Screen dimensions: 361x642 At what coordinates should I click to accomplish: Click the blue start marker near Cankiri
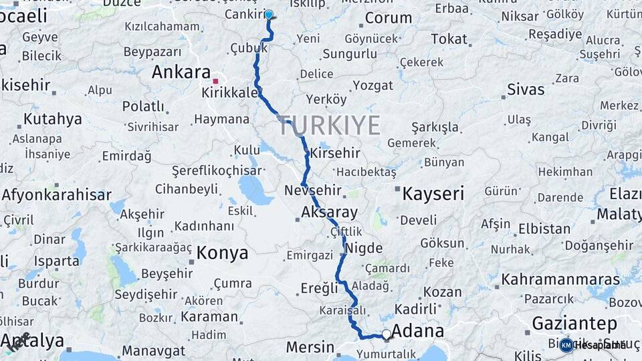[x=269, y=14]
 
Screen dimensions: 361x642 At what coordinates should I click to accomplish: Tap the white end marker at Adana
[x=387, y=334]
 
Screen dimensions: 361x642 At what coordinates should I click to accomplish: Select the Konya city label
[x=222, y=253]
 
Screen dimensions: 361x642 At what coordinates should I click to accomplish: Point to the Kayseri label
[x=433, y=194]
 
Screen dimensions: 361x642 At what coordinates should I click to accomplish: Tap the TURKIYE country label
[x=330, y=126]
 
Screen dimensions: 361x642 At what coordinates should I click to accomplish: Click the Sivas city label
[x=526, y=89]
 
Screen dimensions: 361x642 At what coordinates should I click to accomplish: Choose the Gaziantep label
[x=574, y=324]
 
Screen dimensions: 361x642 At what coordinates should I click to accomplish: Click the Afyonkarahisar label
[x=56, y=195]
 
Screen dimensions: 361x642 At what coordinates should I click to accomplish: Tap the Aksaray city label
[x=329, y=213]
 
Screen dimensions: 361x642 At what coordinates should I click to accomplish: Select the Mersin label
[x=310, y=347]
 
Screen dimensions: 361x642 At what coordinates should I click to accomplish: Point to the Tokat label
[x=449, y=39]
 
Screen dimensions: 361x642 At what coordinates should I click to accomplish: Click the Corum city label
[x=388, y=17]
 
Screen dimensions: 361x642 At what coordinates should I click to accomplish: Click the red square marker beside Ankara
[x=215, y=80]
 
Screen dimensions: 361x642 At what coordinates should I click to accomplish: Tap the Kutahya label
[x=53, y=119]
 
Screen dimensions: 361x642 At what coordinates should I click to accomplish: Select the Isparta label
[x=56, y=261]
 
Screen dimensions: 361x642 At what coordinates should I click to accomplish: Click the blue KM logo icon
[x=566, y=345]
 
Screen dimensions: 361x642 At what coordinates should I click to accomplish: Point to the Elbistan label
[x=544, y=228]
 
